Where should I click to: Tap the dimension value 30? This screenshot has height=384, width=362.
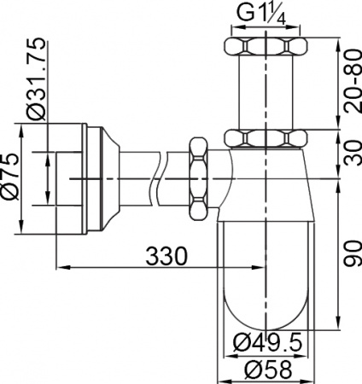coord(347,151)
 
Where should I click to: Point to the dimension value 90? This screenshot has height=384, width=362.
coord(347,253)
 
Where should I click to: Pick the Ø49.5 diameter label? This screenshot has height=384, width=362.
coord(267,343)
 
